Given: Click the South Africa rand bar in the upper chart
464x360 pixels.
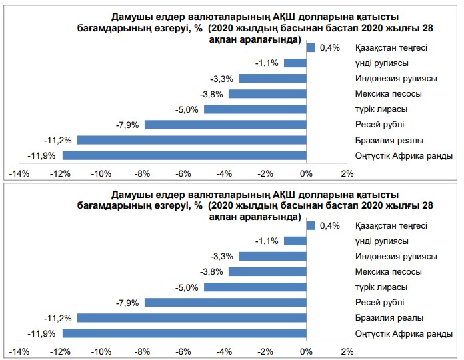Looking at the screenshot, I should tap(184, 155).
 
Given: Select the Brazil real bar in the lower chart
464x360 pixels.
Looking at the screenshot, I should tap(191, 318).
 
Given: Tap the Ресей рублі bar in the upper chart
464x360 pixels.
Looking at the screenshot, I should tap(225, 124).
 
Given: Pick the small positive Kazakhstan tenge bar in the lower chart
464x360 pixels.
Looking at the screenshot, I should tap(310, 226).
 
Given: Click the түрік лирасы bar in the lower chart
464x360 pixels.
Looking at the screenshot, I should tap(255, 287).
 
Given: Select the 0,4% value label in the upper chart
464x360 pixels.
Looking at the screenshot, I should tap(330, 47).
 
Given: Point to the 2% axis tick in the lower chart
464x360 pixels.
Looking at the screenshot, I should tap(347, 352).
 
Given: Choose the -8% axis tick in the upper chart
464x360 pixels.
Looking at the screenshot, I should tap(143, 174).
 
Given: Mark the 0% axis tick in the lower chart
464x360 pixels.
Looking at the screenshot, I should tap(306, 352).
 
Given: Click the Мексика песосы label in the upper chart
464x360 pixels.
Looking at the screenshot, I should tap(390, 94).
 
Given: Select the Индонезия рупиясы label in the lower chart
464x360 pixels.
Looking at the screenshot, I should tap(396, 257).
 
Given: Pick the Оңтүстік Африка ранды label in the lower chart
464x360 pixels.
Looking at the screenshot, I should tap(404, 334).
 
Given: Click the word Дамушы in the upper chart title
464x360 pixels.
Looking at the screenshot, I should tap(124, 15).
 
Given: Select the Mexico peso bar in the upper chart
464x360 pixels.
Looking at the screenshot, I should tap(267, 94).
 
